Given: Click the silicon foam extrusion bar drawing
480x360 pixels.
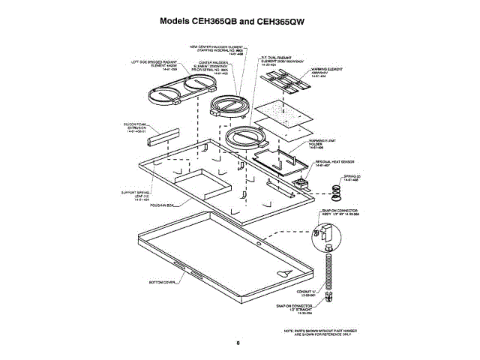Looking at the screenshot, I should coord(162,137).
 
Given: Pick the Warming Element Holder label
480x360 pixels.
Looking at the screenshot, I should coord(320,144).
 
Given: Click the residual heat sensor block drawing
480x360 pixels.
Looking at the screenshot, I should coord(304,183).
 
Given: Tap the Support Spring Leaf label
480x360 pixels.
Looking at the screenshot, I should coord(135,196).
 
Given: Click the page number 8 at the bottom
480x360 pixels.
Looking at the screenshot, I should coord(238,343).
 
